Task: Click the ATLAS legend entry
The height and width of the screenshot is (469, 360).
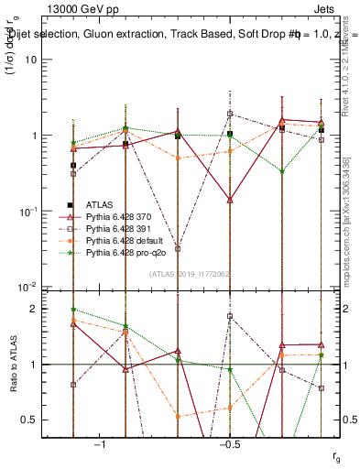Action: coord(98,205)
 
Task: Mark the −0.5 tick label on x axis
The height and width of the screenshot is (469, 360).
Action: coord(229,445)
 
